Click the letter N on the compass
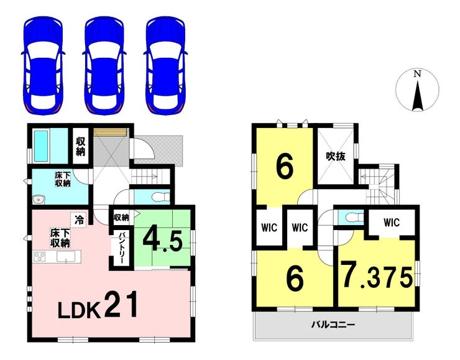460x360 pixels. (x=418, y=74)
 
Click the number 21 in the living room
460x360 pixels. (x=121, y=305)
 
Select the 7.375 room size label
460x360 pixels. (x=376, y=276)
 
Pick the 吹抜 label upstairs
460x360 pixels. (x=335, y=157)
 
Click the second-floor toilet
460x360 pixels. (x=352, y=218)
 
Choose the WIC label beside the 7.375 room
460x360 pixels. (x=391, y=222)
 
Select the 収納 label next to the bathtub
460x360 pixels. (x=81, y=147)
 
